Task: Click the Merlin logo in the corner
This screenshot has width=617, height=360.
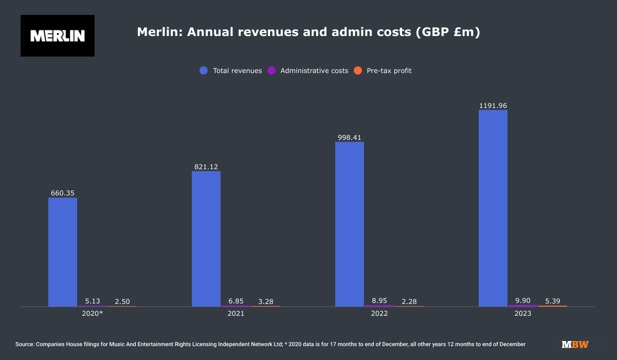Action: [58, 35]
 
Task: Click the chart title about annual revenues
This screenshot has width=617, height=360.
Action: [308, 32]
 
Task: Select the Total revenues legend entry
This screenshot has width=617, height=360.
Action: [231, 71]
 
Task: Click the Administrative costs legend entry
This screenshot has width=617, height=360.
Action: [308, 71]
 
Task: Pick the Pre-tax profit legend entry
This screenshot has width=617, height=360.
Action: [383, 71]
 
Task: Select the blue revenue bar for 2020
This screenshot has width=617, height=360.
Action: [63, 252]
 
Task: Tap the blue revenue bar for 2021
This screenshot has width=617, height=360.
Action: [206, 239]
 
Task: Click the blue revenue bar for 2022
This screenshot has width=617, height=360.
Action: [350, 224]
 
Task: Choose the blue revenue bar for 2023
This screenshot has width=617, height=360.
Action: [493, 208]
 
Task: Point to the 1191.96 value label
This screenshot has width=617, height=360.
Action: [493, 105]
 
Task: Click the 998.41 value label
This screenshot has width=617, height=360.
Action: [350, 137]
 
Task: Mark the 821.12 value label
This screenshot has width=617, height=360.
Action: [206, 167]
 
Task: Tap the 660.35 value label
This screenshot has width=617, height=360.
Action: [63, 193]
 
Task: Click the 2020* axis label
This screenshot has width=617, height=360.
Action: [93, 313]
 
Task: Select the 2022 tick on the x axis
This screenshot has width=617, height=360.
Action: [379, 313]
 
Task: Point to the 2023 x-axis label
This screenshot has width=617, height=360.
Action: [523, 313]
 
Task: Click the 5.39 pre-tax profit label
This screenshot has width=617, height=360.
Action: [553, 301]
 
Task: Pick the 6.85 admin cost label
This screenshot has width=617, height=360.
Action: [236, 301]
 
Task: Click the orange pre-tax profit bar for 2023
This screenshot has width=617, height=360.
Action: [553, 306]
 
